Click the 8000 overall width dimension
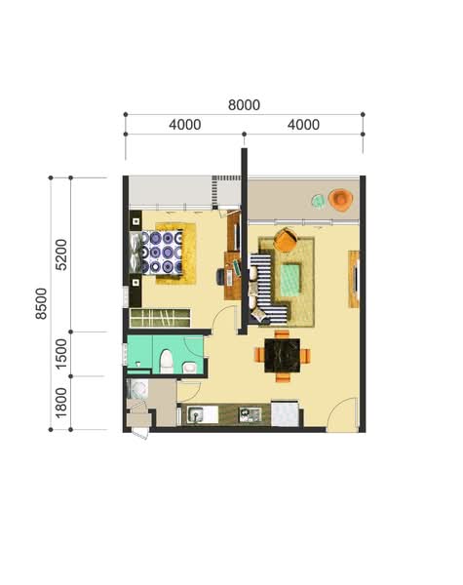(x=244, y=105)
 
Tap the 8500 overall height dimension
(x=41, y=303)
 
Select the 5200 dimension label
(x=60, y=254)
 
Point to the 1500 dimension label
(x=60, y=354)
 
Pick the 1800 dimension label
(x=60, y=403)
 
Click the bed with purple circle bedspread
(x=156, y=253)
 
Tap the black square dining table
(x=282, y=356)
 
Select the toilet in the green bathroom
(x=167, y=362)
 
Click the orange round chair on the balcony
(x=340, y=200)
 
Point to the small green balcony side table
(x=318, y=202)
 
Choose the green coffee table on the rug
(x=290, y=278)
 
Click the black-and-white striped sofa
(x=266, y=288)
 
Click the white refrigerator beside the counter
(x=285, y=413)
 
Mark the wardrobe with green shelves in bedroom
(x=160, y=318)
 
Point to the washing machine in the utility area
(x=136, y=389)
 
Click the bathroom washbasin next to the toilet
(x=189, y=368)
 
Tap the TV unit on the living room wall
(x=354, y=279)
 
